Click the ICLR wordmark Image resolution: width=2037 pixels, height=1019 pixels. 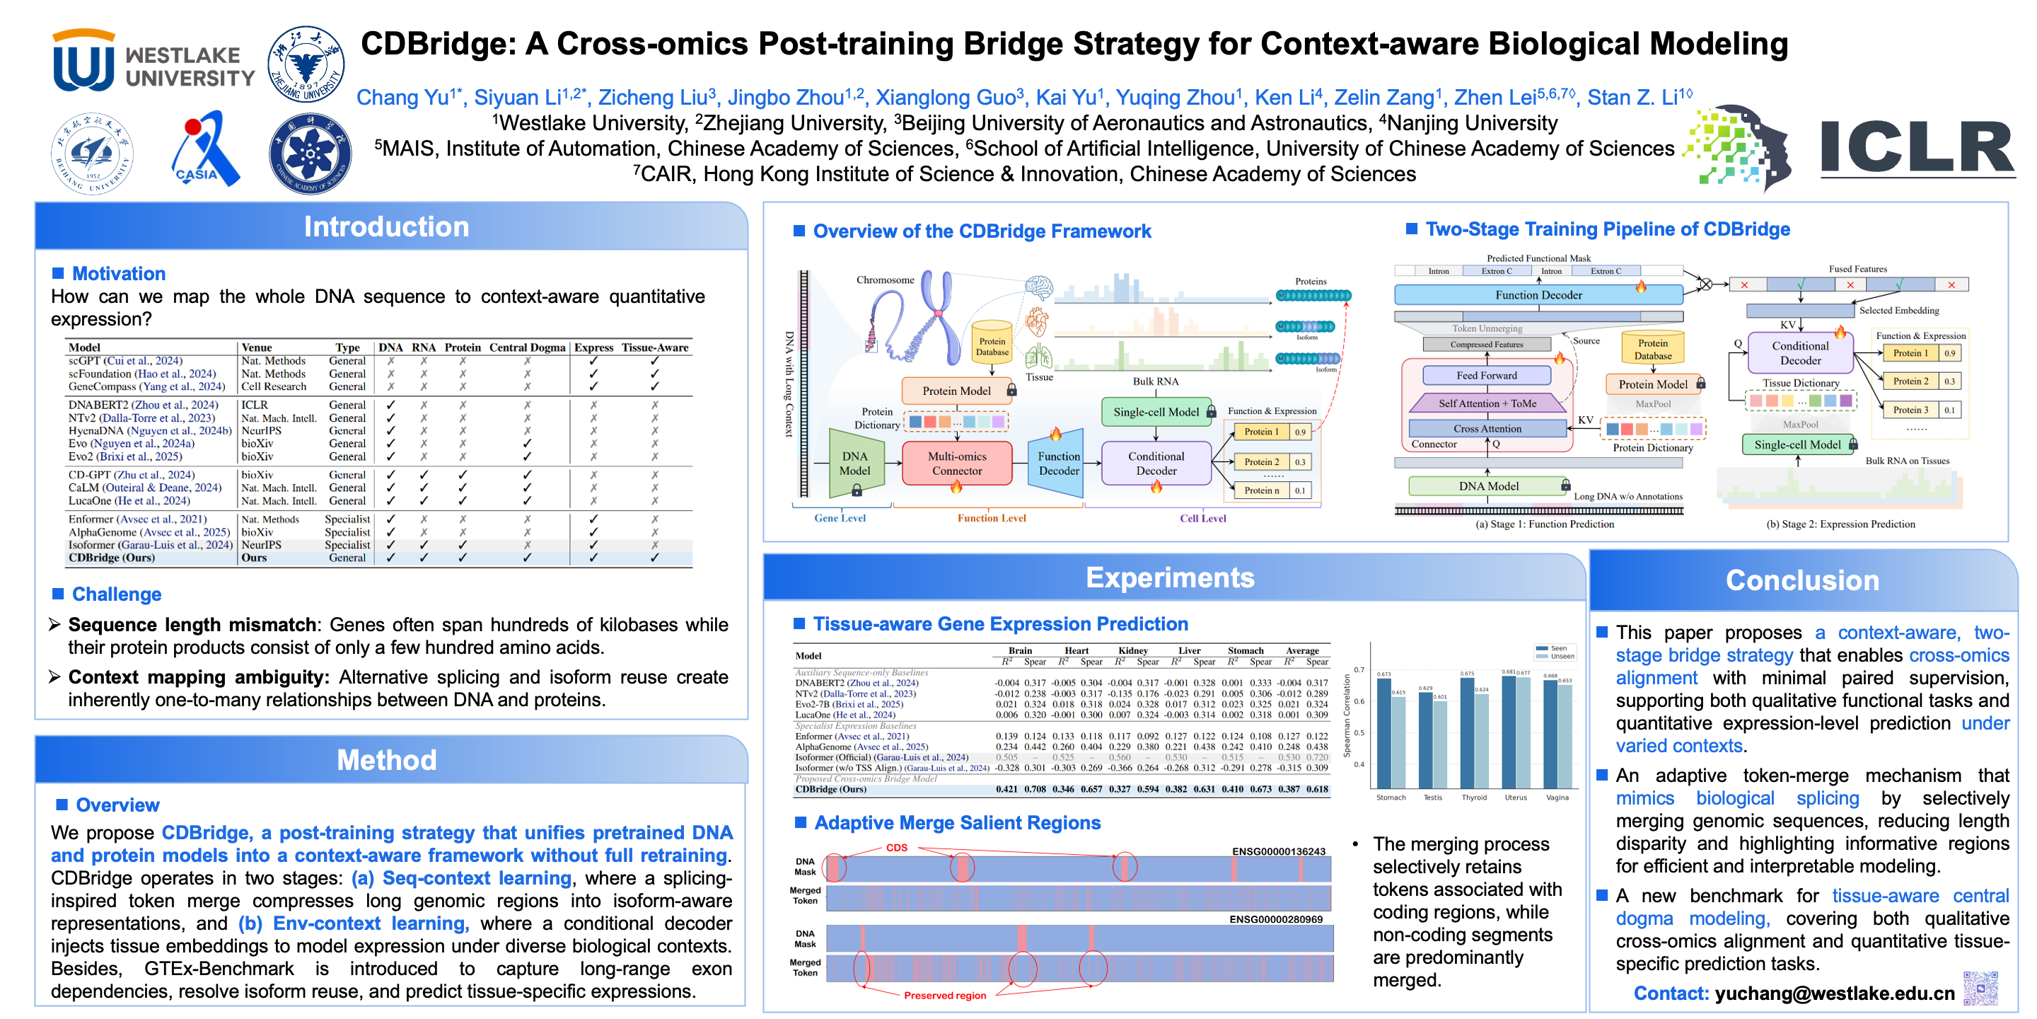coord(1917,148)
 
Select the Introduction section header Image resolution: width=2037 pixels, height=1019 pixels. coord(387,227)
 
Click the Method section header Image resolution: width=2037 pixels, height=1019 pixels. coord(387,760)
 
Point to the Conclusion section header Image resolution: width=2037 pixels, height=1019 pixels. coord(1801,581)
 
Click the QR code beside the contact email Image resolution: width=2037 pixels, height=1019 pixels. coord(1980,987)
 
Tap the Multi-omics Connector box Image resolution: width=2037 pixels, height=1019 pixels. coord(957,464)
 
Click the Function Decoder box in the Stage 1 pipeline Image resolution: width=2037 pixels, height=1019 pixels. coord(1538,295)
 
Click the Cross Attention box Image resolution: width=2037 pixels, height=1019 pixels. coord(1487,429)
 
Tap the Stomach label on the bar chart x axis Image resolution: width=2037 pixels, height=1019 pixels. coord(1391,798)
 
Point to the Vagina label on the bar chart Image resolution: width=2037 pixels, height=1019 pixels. coord(1557,798)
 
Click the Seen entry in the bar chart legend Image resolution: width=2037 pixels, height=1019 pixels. coord(1555,648)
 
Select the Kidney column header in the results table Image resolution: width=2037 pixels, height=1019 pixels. coord(1132,650)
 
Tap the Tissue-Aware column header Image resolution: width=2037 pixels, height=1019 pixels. coord(655,347)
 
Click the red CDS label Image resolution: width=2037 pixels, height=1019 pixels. coord(897,847)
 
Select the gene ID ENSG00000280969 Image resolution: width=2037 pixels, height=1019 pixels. coord(1275,919)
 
